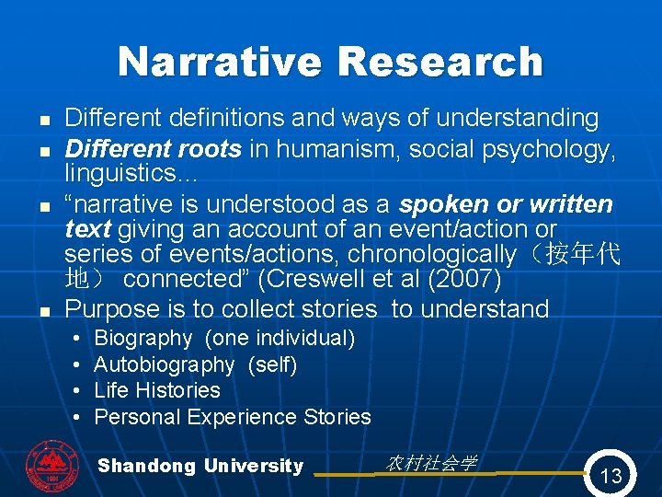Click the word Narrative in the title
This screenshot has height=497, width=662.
point(222,63)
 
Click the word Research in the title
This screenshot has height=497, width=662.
point(440,63)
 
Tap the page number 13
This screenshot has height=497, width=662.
point(611,476)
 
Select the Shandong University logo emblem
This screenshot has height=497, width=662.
point(51,467)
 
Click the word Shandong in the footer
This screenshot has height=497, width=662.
point(146,466)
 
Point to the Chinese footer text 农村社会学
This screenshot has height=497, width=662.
point(431,463)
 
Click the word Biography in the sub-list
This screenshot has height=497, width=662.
point(143,339)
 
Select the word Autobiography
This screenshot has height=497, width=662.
point(165,364)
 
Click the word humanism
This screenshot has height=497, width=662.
point(333,148)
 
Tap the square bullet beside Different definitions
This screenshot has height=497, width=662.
point(43,120)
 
